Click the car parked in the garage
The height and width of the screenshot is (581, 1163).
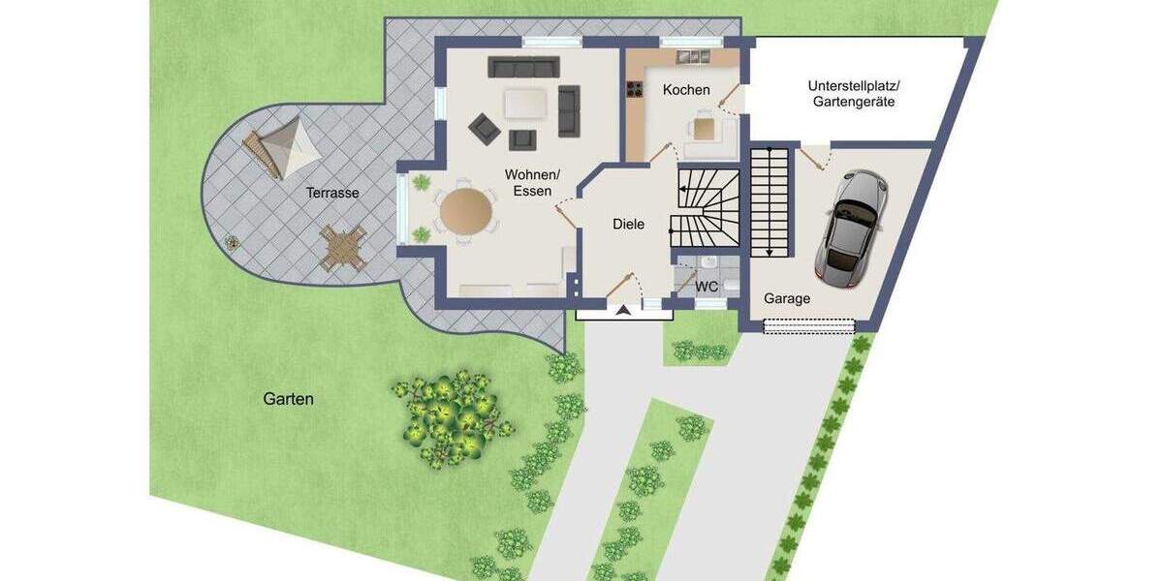click(850, 227)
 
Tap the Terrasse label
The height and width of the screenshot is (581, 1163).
click(332, 193)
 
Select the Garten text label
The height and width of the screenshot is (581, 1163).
click(288, 398)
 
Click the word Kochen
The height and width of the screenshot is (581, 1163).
click(686, 90)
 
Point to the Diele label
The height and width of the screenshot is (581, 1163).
click(628, 224)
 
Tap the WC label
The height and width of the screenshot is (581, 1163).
click(707, 286)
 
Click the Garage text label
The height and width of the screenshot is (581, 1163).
click(786, 298)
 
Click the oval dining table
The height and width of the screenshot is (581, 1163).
click(465, 211)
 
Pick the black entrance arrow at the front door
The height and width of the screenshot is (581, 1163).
click(621, 310)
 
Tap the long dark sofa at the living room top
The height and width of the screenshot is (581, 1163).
click(523, 66)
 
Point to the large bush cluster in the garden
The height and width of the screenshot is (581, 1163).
click(451, 413)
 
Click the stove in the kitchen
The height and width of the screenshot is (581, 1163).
click(637, 91)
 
